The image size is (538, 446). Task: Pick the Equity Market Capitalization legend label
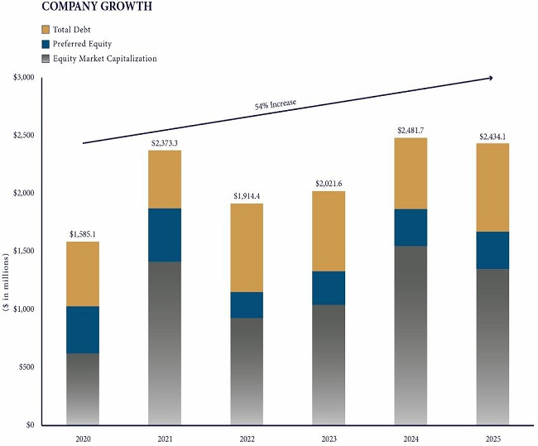(105, 59)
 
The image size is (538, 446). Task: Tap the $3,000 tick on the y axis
(24, 78)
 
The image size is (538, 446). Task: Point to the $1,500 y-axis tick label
(24, 252)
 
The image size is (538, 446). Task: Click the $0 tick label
(29, 425)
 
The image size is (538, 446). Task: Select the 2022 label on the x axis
(247, 438)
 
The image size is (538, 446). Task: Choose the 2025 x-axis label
(494, 438)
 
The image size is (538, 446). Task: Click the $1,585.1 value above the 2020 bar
(83, 234)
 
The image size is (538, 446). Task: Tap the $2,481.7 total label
(412, 131)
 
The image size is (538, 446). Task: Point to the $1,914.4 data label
(247, 196)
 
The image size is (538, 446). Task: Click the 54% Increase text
(276, 105)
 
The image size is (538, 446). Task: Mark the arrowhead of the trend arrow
(491, 79)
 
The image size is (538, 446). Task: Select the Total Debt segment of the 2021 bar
(165, 180)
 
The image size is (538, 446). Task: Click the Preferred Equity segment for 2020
(83, 330)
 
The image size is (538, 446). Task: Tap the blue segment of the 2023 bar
(329, 288)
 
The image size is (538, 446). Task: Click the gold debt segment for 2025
(494, 188)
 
